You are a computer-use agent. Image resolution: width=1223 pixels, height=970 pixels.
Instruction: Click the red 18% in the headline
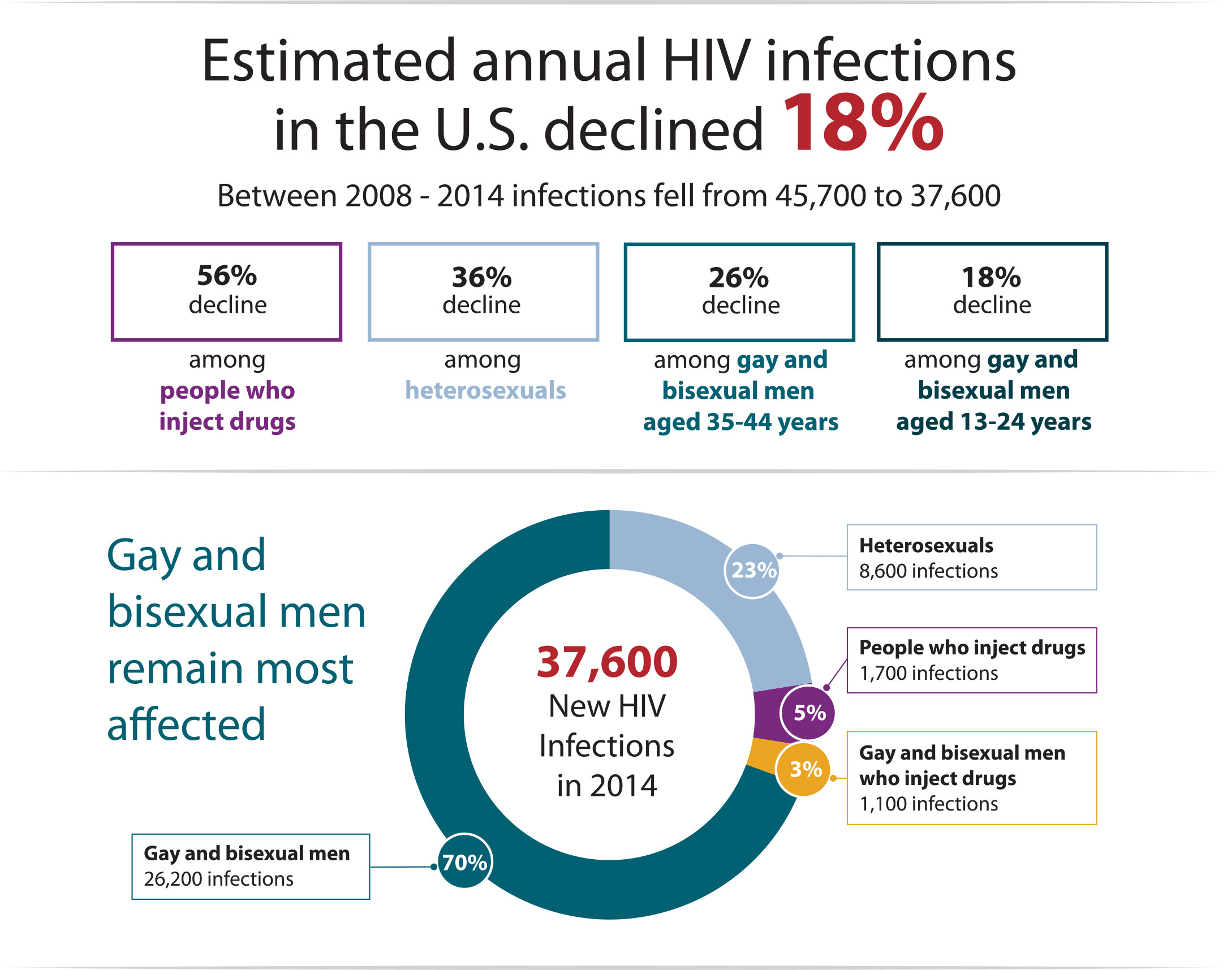[862, 124]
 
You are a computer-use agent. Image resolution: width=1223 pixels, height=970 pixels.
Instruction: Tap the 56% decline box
[226, 292]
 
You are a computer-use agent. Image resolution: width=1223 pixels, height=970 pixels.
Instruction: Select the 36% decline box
[483, 292]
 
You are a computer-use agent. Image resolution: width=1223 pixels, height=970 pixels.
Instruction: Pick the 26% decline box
[739, 292]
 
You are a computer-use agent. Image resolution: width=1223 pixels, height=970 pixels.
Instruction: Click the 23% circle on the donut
[753, 570]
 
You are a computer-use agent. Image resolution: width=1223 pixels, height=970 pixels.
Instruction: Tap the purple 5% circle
[808, 713]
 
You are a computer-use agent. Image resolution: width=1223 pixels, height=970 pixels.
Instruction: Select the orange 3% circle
[804, 769]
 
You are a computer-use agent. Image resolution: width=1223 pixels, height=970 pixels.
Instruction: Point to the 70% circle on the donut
[464, 862]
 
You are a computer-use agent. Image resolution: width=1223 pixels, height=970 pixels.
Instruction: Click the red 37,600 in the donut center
[607, 662]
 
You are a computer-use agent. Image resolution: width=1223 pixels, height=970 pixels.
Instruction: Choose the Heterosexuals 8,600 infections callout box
[971, 557]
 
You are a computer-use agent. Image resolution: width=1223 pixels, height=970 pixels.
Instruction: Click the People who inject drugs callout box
[971, 659]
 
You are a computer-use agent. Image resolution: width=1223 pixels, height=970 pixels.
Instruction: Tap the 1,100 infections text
[929, 804]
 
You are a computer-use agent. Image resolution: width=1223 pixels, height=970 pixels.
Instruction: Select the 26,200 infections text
[218, 879]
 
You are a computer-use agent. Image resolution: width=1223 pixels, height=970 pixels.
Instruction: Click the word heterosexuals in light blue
[485, 390]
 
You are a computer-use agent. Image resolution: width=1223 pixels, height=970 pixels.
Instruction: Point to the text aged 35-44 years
[740, 422]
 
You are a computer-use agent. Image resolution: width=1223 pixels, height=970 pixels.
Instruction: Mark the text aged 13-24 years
[993, 421]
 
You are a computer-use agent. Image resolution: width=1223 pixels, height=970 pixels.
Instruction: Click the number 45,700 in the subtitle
[821, 196]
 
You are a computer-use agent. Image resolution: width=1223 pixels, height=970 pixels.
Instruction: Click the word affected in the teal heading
[186, 725]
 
